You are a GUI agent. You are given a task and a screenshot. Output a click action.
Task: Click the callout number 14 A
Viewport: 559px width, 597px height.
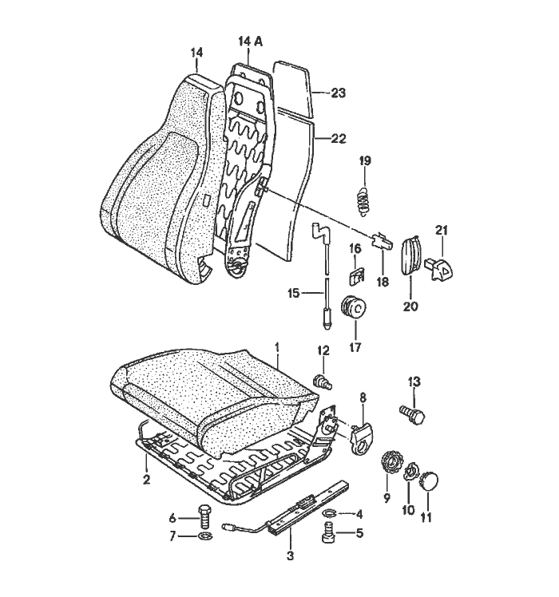tap(249, 40)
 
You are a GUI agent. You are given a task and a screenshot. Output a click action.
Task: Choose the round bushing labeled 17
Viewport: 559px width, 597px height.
tap(352, 308)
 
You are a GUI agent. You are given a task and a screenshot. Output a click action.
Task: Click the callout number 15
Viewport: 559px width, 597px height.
tap(294, 294)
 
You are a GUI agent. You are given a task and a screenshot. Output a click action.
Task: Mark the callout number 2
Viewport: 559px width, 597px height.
tap(146, 480)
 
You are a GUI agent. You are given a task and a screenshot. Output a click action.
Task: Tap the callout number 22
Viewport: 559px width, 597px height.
tap(337, 138)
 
